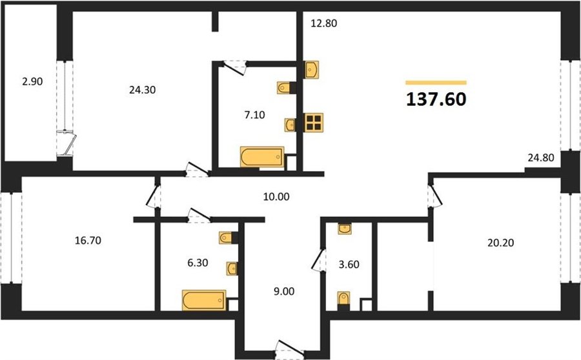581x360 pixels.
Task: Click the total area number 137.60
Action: [x=436, y=99]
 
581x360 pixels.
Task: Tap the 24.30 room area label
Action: [x=142, y=90]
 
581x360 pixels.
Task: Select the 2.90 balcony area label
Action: [x=32, y=81]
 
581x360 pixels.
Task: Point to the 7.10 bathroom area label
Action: [x=254, y=115]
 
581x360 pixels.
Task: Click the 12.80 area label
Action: [x=324, y=23]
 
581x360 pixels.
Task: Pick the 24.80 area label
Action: [x=541, y=157]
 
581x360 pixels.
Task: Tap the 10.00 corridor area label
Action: [x=276, y=197]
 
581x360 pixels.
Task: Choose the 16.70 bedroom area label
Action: [x=88, y=241]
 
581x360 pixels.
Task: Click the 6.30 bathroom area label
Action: [x=198, y=263]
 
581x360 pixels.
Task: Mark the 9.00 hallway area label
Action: [x=284, y=292]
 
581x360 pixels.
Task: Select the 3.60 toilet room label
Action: [x=349, y=265]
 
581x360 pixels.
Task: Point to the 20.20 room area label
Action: [x=500, y=243]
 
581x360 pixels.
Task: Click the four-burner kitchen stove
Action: [x=314, y=122]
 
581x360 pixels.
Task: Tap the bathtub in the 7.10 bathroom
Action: [x=262, y=157]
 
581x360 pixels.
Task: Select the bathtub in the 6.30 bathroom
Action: [x=204, y=300]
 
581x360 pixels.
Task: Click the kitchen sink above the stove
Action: [x=312, y=70]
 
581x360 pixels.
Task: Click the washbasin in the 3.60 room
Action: [x=345, y=229]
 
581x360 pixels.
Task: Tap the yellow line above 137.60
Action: [x=436, y=83]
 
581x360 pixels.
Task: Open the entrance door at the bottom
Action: [x=290, y=349]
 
